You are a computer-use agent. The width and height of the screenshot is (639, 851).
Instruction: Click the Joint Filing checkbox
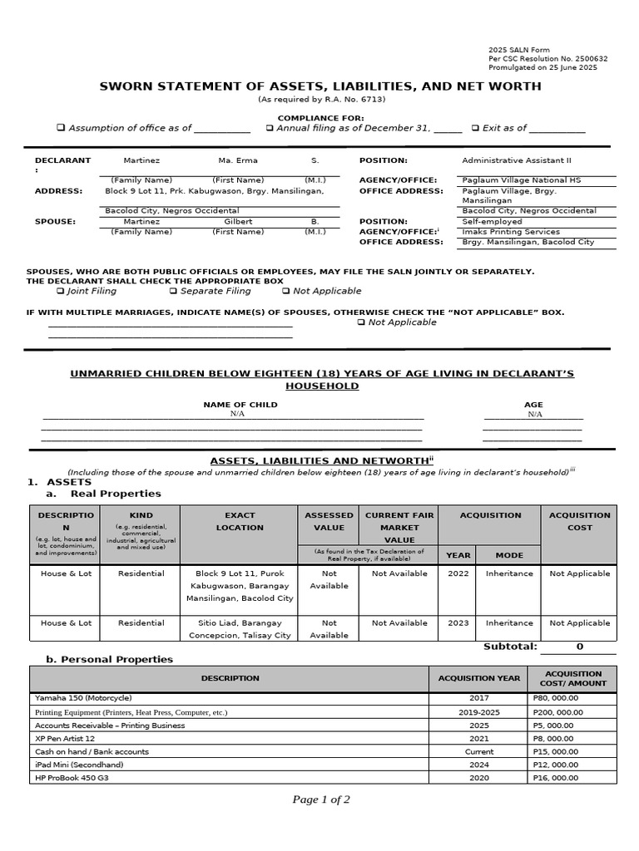62,292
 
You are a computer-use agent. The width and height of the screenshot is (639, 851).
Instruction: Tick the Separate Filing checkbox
174,292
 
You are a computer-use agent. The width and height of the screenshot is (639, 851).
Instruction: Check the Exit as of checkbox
475,129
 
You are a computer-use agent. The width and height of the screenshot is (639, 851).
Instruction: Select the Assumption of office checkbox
61,129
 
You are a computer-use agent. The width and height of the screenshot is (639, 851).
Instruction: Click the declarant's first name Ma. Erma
238,160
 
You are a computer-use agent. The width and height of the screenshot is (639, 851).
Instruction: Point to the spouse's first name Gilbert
238,222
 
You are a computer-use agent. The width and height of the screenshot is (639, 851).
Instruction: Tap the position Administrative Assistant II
517,160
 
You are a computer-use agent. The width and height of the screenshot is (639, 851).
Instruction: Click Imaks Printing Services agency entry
511,232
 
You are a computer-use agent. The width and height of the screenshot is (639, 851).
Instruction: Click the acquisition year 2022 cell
458,573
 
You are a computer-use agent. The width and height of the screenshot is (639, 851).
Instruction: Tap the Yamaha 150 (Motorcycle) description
83,698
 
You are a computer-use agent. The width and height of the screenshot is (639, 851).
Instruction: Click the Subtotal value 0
579,647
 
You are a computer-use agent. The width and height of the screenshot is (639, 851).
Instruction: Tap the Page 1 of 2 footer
321,799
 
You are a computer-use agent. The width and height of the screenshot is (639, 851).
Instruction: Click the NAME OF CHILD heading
240,405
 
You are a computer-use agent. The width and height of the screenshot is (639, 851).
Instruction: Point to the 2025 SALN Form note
518,50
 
